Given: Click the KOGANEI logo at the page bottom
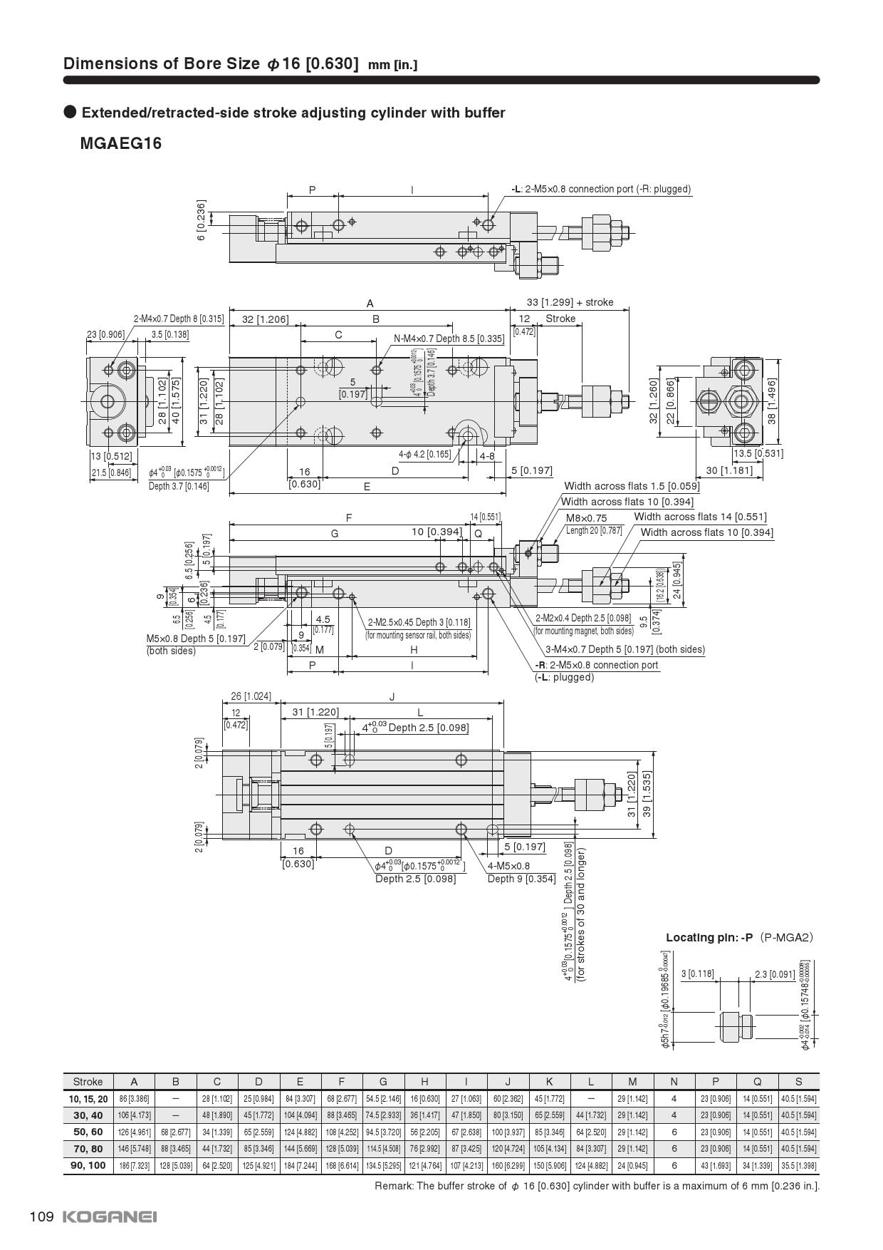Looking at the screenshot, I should point(110,1217).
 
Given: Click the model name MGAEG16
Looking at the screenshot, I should point(121,143).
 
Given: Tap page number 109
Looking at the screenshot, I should point(42,1217).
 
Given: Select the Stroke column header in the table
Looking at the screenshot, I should point(88,1081).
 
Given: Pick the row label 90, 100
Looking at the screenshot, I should point(88,1165).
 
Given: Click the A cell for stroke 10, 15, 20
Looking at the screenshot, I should point(134,1099).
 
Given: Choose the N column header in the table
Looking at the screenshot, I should point(674,1081).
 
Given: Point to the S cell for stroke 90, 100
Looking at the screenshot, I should point(798,1165).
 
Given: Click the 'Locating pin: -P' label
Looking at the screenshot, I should point(709,937).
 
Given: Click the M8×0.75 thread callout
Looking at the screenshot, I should point(586,518).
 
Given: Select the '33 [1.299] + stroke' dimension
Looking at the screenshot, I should point(570,302).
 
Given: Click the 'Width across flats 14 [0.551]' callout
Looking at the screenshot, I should point(700,517).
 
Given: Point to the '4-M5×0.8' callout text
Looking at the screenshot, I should point(508,866).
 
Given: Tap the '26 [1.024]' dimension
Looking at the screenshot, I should point(251,696).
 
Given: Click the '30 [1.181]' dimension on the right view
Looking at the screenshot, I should point(729,470).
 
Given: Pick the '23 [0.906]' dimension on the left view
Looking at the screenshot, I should point(105,334).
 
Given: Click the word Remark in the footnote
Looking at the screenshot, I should point(392,1186).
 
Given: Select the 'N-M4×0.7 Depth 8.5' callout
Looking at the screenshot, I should point(449,339).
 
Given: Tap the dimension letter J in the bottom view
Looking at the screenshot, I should point(392,696).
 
